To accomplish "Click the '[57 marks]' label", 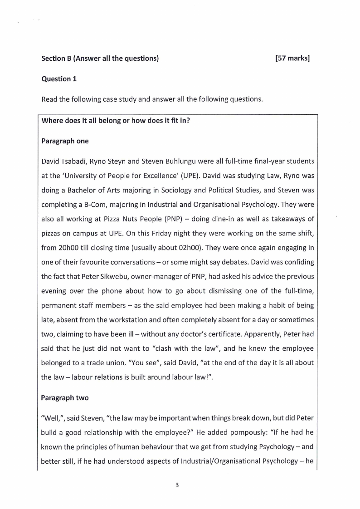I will click(292, 59).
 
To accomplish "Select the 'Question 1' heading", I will click(59, 79).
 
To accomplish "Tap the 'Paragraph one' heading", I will click(65, 141).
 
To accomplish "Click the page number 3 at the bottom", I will click(177, 485).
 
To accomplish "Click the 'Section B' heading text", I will click(56, 59).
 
